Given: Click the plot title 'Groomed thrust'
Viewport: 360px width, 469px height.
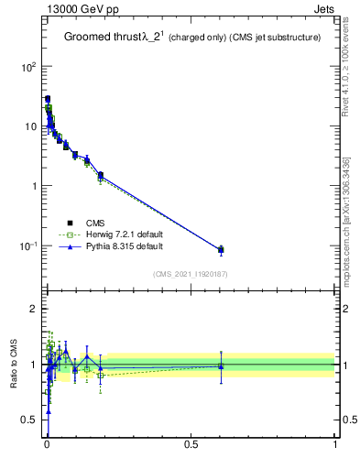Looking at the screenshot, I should [101, 38].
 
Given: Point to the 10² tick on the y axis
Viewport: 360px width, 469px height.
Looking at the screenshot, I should [27, 67].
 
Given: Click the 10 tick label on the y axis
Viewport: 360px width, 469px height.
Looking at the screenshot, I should [29, 126].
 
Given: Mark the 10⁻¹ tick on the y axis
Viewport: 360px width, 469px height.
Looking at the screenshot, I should [27, 245].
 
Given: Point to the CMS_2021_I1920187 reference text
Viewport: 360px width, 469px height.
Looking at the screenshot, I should [191, 274].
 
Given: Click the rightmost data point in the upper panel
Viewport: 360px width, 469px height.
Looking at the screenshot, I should [221, 249].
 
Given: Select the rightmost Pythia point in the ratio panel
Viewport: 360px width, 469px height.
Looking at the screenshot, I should [221, 366].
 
